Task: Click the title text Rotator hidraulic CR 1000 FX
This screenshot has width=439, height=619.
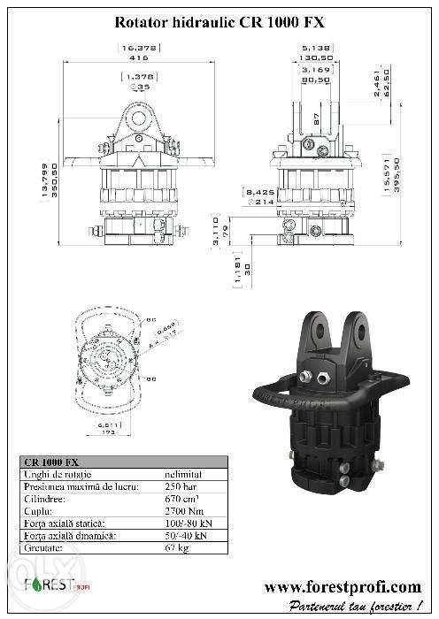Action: (219, 16)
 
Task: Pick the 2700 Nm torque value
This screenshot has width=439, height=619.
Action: (183, 509)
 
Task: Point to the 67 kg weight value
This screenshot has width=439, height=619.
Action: (177, 546)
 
